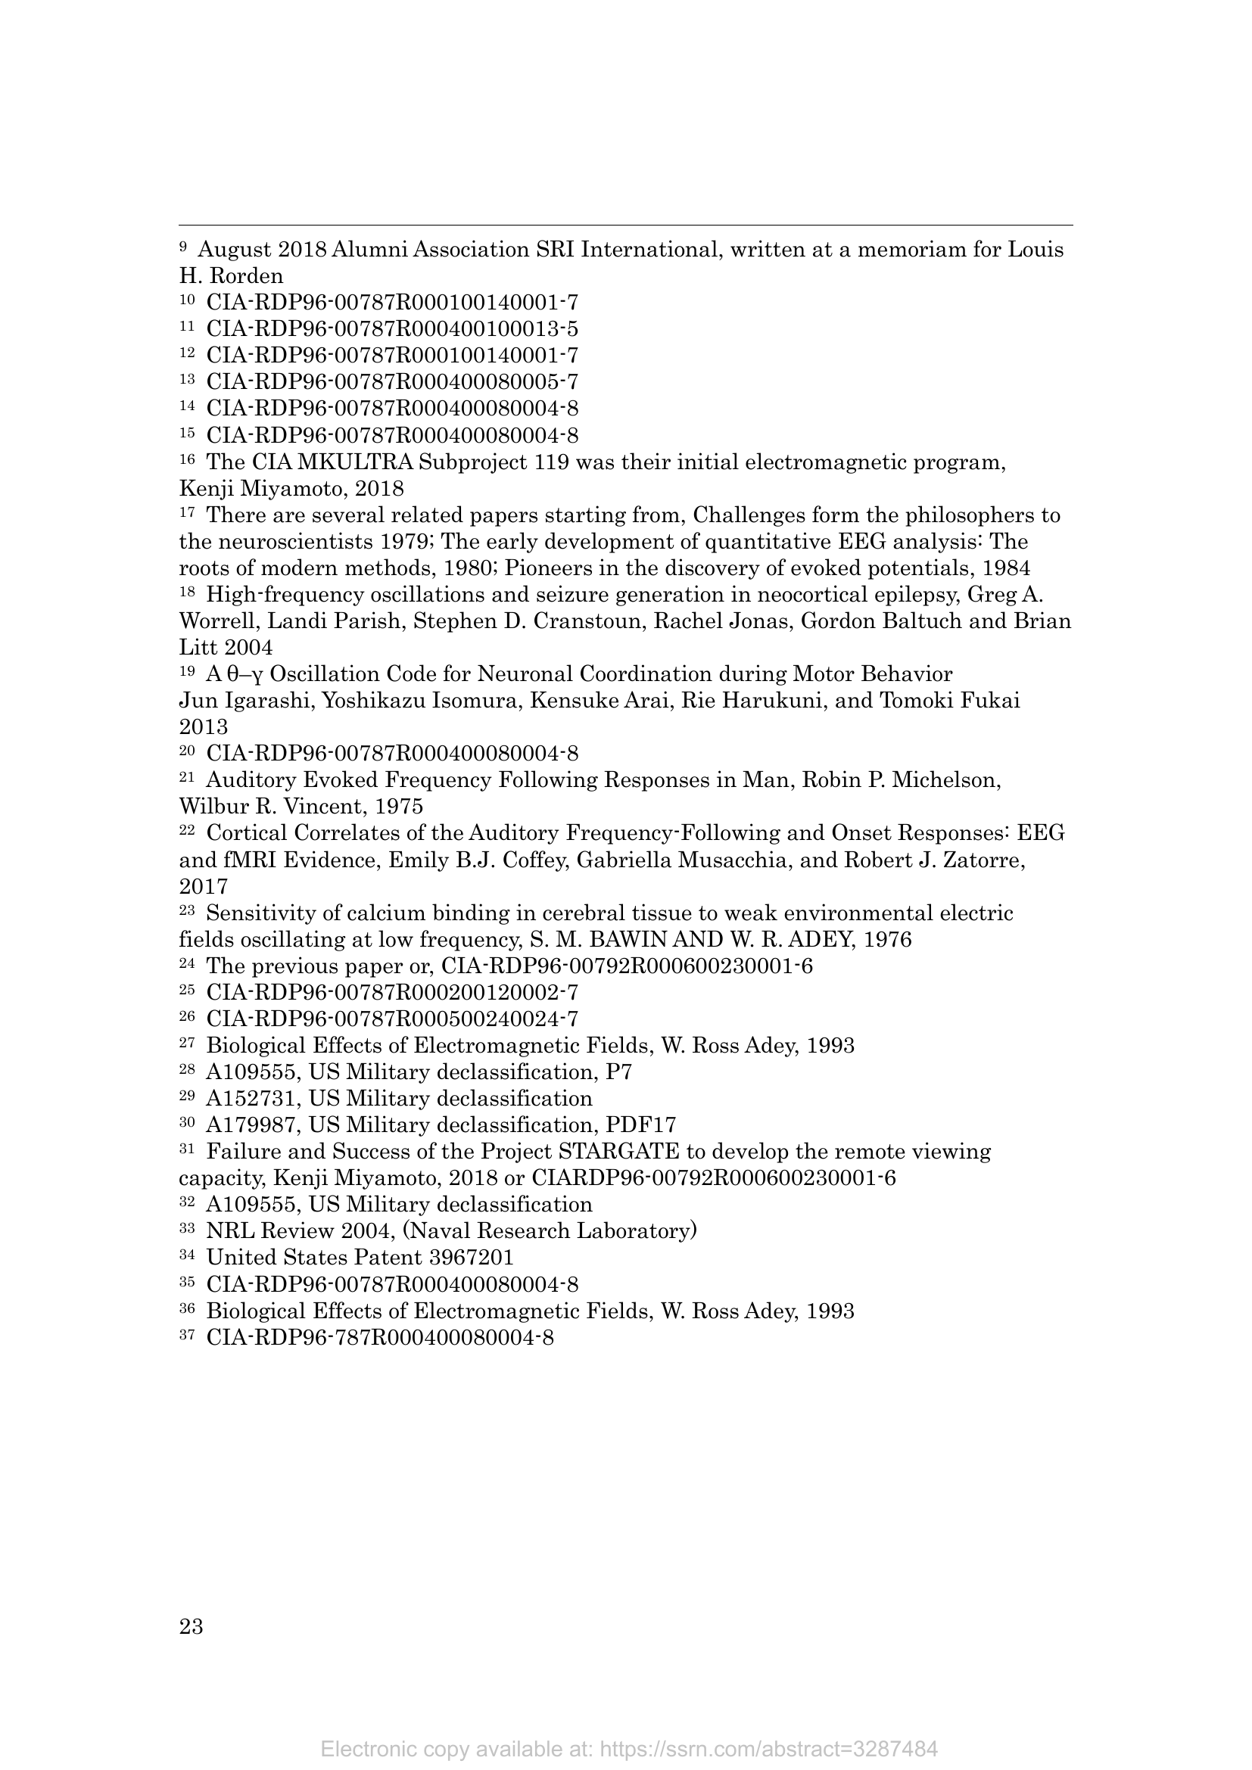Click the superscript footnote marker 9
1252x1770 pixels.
(182, 246)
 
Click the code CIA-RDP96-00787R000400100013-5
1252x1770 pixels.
(392, 329)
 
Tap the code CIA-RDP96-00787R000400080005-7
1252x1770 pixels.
(392, 381)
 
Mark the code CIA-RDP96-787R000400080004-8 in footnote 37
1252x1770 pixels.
(380, 1337)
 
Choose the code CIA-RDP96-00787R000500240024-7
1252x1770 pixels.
(392, 1019)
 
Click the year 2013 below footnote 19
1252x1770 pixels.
(204, 727)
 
